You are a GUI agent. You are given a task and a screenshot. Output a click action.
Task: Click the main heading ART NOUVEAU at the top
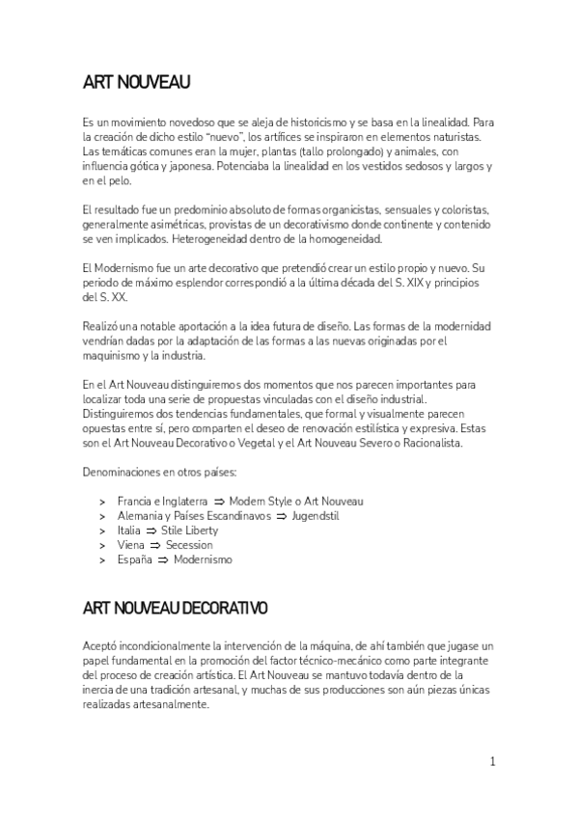tap(136, 84)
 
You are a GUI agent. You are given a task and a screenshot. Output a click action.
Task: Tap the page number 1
tap(492, 762)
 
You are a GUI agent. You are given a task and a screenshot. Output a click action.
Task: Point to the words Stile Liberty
tap(189, 531)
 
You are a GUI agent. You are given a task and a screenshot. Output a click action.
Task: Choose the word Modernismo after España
tap(203, 559)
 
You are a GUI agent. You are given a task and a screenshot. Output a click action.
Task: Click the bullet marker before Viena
tap(102, 545)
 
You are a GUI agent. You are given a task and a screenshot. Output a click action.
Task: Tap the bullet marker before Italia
tap(102, 531)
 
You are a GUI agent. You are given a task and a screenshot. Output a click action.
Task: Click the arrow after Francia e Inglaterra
tap(218, 502)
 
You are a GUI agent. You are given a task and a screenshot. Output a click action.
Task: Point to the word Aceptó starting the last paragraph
tap(101, 644)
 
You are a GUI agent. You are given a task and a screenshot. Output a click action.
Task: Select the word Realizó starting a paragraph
tap(102, 326)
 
